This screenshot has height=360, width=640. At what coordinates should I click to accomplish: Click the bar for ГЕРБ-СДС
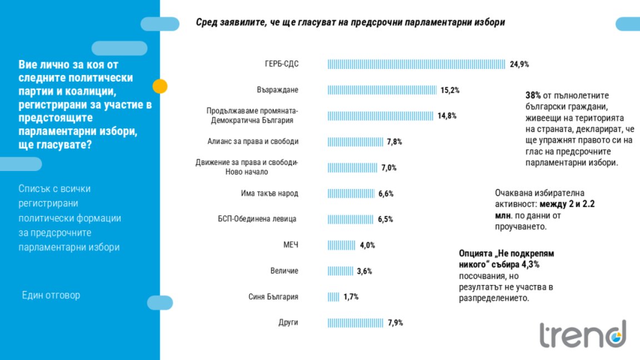coord(416,64)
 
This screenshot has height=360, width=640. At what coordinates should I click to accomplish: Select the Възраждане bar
coord(382,90)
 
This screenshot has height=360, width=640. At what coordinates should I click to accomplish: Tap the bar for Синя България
coord(333,297)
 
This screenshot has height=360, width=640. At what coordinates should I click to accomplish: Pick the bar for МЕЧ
coord(341,245)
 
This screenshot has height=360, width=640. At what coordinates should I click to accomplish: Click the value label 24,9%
coord(519,64)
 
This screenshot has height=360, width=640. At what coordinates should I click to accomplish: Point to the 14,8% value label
coord(447,116)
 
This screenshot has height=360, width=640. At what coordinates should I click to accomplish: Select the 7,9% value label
coord(394,323)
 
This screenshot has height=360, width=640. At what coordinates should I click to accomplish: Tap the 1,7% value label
coord(351,297)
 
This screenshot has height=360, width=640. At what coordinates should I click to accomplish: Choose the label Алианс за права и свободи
coord(253,142)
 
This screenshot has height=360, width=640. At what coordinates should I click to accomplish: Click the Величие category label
coord(284,271)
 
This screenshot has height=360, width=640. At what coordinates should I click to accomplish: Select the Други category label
coord(288,323)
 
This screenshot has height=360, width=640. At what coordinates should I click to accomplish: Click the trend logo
coord(583,333)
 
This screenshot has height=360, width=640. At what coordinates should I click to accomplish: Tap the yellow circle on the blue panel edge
coord(160,86)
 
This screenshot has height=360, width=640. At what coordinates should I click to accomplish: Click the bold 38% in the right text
coord(533,95)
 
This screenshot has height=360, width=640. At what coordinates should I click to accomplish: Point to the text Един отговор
coord(51,295)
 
